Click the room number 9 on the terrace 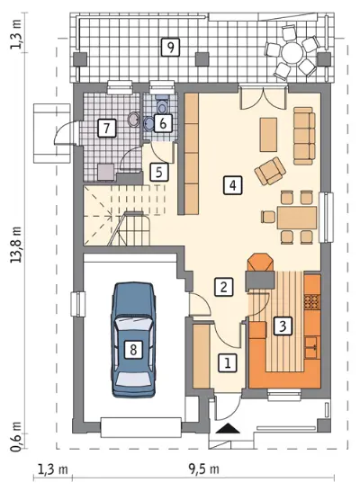click(170, 48)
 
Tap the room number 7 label click(107, 128)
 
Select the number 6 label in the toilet click(163, 123)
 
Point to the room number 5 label click(159, 172)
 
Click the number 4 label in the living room click(232, 185)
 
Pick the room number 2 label click(223, 287)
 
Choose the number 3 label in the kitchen click(283, 326)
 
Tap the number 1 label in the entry click(228, 363)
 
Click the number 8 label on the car click(133, 349)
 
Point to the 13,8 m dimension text click(16, 245)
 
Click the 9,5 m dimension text click(203, 469)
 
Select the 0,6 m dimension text click(16, 437)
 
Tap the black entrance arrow click(228, 428)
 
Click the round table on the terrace click(292, 53)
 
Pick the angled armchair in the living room click(270, 171)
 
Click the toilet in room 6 click(162, 105)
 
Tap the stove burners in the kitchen click(311, 301)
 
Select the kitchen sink click(312, 347)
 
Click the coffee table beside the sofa click(268, 134)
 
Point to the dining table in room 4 click(297, 218)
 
